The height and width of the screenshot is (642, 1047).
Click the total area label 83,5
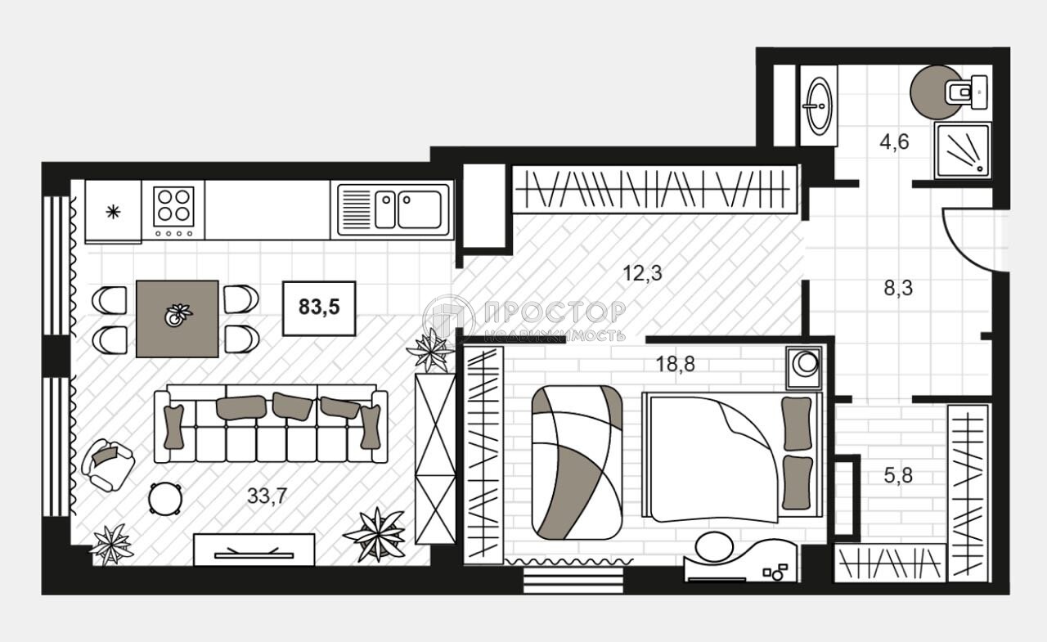[x=319, y=308]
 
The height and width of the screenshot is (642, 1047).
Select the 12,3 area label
[x=642, y=274]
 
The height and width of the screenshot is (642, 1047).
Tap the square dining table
[x=177, y=318]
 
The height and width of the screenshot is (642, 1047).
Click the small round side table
[x=165, y=498]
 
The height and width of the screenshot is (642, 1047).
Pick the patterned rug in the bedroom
[x=577, y=462]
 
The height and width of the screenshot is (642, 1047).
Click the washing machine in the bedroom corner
[x=807, y=366]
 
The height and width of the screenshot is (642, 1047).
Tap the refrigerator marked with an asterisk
[x=113, y=212]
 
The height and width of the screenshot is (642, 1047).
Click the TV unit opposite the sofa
[x=254, y=550]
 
